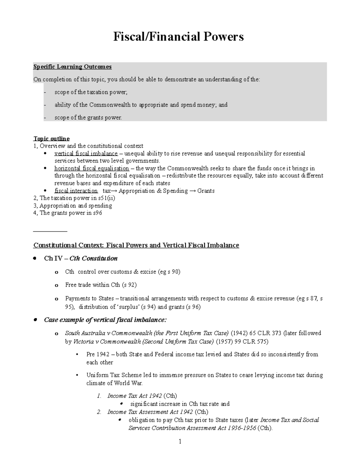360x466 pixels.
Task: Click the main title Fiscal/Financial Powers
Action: coord(178,37)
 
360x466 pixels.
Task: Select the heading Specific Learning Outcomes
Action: coord(72,67)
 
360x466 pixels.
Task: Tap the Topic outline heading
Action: coord(51,138)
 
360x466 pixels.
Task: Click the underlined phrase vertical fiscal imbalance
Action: coord(86,154)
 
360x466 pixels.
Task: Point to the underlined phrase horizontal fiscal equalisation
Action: coord(91,168)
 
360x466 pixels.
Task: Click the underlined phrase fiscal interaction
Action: coord(76,191)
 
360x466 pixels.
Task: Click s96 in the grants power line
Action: coord(97,213)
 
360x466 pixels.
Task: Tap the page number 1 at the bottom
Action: coord(180,441)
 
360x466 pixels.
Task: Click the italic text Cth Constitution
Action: coord(93,258)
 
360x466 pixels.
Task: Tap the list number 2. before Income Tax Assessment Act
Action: coord(99,412)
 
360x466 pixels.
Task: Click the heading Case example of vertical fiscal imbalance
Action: coord(105,320)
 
